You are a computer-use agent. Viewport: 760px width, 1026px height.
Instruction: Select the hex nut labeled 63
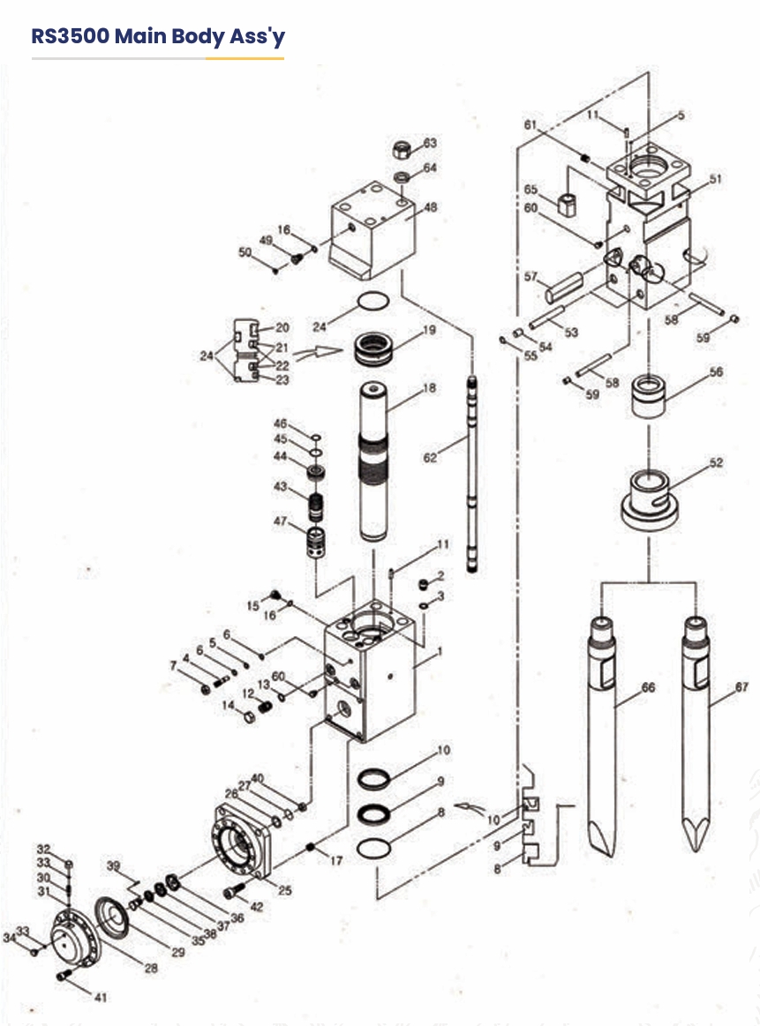pyautogui.click(x=402, y=150)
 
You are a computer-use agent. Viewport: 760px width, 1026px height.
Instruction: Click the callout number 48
pyautogui.click(x=430, y=207)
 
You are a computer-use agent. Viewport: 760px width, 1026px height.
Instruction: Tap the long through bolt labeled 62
pyautogui.click(x=472, y=476)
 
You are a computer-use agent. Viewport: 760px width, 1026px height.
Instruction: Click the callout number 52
pyautogui.click(x=716, y=462)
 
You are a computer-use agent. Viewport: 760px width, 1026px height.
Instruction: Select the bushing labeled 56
pyautogui.click(x=649, y=395)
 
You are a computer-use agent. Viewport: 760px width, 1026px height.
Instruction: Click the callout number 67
pyautogui.click(x=741, y=687)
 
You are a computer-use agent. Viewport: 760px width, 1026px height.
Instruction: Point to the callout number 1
pyautogui.click(x=440, y=651)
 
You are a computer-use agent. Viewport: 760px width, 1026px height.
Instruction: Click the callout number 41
pyautogui.click(x=100, y=997)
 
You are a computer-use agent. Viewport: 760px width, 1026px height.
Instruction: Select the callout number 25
pyautogui.click(x=285, y=890)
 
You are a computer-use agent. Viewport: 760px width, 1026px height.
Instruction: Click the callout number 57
pyautogui.click(x=530, y=277)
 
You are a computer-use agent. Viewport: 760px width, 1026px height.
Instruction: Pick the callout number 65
pyautogui.click(x=530, y=190)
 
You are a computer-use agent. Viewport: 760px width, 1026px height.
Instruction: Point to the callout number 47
pyautogui.click(x=280, y=521)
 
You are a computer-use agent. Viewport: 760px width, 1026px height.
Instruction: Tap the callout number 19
pyautogui.click(x=429, y=330)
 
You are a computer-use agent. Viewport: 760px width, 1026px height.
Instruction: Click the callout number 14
pyautogui.click(x=228, y=706)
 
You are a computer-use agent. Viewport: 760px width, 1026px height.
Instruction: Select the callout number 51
pyautogui.click(x=715, y=178)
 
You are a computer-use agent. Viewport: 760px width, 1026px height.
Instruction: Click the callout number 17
pyautogui.click(x=335, y=860)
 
